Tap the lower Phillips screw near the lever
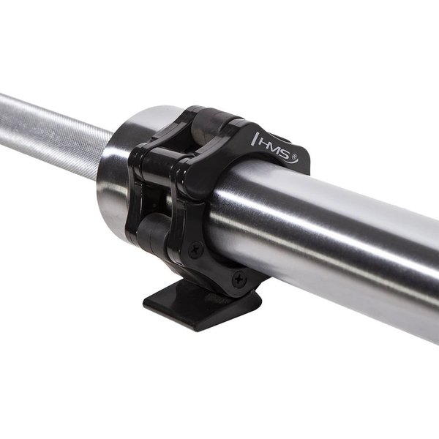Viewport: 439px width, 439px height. (x=238, y=279)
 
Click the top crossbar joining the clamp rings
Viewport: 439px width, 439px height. (x=183, y=157)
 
